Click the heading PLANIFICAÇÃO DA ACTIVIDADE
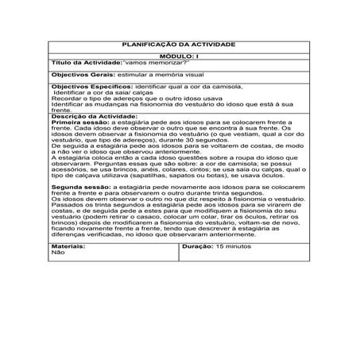click(x=179, y=45)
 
